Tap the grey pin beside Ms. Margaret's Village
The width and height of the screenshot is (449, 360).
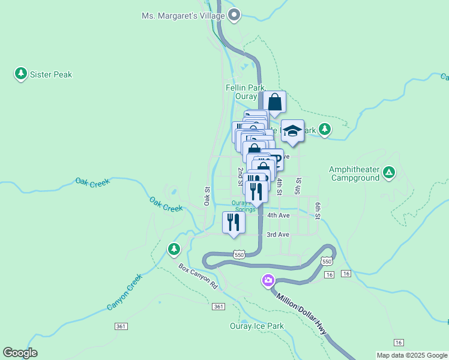(235, 14)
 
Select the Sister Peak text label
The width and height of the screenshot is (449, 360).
(52, 74)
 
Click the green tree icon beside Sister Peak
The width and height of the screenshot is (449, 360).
(21, 74)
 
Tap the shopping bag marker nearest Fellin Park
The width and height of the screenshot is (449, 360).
(274, 102)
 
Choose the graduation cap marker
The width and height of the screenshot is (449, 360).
(292, 131)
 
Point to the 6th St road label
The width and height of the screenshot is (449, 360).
(318, 209)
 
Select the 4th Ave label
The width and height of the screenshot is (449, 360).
(279, 215)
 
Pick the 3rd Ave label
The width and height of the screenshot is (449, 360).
(278, 235)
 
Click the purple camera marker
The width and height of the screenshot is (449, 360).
(268, 280)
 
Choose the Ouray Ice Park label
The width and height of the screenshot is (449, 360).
(256, 326)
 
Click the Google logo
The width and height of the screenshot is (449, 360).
(20, 353)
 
